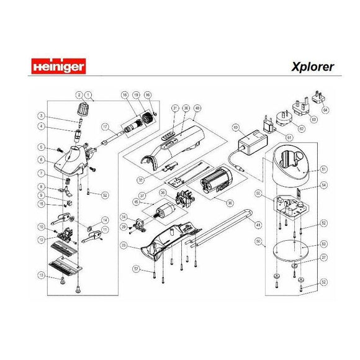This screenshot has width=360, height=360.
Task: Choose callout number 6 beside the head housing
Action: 41,160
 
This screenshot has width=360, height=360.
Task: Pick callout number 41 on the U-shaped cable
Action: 258,224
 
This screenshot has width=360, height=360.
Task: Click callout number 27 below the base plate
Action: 323,256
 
